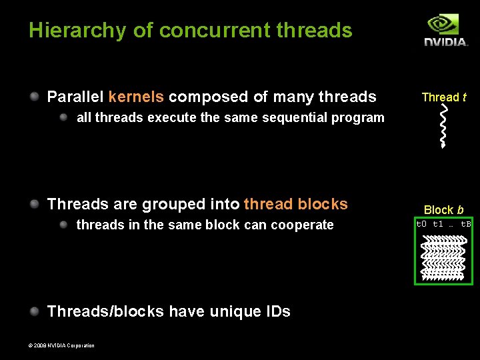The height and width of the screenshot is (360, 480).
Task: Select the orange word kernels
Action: coord(136,97)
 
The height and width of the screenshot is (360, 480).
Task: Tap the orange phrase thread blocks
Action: coord(296,204)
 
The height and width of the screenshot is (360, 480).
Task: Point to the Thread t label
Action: coord(443,97)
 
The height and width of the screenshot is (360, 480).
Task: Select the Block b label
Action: coord(443,210)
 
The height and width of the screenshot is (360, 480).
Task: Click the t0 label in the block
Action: coord(421,224)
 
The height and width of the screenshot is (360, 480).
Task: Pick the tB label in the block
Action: coord(466,224)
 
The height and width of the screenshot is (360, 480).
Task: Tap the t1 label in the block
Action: coord(438,224)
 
